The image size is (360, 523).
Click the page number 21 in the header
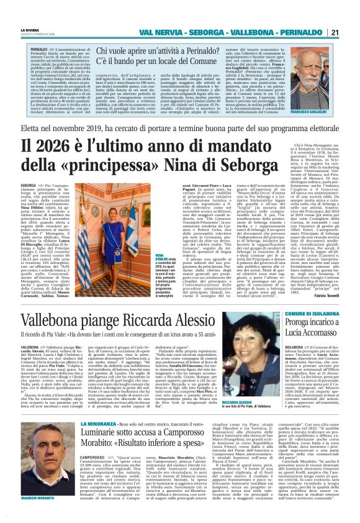[351, 32]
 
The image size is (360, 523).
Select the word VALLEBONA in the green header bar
[262, 32]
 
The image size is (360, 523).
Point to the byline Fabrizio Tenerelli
[338, 296]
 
